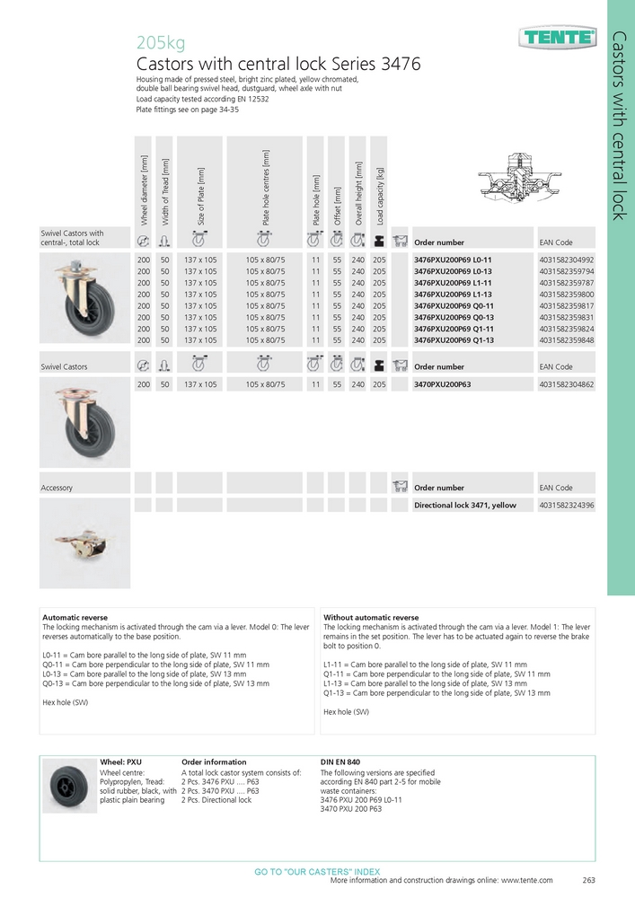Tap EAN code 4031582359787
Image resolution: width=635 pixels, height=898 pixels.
[567, 283]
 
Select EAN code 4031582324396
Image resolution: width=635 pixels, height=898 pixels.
[567, 506]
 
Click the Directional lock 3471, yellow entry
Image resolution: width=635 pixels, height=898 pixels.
[465, 506]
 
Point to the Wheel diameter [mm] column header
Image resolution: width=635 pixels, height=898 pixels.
[143, 191]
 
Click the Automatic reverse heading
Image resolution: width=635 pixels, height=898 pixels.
[75, 618]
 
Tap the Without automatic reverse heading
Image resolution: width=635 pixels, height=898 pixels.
[371, 618]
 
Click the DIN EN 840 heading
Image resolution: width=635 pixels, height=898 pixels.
[340, 762]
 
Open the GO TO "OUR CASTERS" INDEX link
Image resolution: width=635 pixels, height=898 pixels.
[317, 872]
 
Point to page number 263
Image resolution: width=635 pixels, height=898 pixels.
[589, 881]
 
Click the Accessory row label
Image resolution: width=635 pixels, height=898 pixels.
[57, 488]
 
